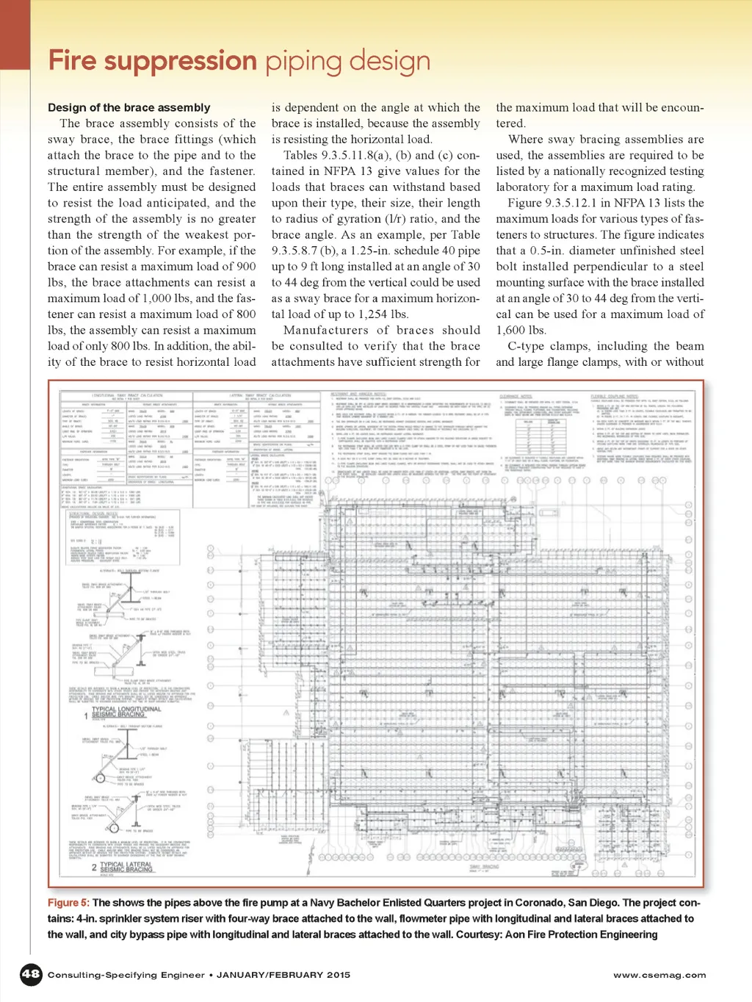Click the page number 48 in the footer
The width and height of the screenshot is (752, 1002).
pyautogui.click(x=30, y=974)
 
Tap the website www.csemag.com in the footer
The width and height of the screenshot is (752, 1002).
pyautogui.click(x=659, y=975)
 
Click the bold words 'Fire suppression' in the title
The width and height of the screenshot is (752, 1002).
pyautogui.click(x=153, y=61)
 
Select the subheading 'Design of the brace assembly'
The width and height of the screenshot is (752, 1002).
pyautogui.click(x=129, y=107)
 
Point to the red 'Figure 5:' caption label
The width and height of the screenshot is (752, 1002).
pyautogui.click(x=68, y=902)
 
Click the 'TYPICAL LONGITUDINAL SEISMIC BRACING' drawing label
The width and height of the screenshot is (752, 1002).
pyautogui.click(x=126, y=712)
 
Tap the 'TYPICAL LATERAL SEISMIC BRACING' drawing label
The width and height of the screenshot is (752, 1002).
pyautogui.click(x=126, y=867)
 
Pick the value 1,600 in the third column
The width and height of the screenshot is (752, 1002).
pyautogui.click(x=511, y=331)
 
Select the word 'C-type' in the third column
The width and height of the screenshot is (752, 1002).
pyautogui.click(x=527, y=346)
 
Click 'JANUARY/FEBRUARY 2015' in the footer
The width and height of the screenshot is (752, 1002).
pyautogui.click(x=283, y=975)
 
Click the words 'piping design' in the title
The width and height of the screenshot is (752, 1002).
pyautogui.click(x=347, y=61)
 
